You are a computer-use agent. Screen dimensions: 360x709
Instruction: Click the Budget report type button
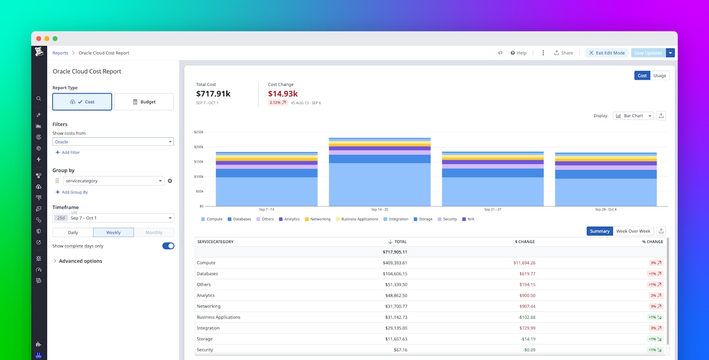pyautogui.click(x=144, y=102)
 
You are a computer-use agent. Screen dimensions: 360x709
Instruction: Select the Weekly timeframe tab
pyautogui.click(x=113, y=232)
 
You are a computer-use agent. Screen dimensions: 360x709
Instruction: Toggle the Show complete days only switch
pyautogui.click(x=168, y=246)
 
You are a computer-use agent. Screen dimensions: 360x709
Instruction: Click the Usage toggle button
pyautogui.click(x=659, y=75)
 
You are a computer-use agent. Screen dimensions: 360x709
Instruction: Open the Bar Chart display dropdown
pyautogui.click(x=633, y=116)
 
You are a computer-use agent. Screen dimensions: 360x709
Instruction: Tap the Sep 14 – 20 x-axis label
pyautogui.click(x=379, y=210)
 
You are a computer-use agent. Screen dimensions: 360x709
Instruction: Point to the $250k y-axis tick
pyautogui.click(x=199, y=132)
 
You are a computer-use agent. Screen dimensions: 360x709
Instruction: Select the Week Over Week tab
pyautogui.click(x=633, y=231)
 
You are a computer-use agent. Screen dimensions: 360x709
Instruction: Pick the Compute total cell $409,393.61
pyautogui.click(x=395, y=263)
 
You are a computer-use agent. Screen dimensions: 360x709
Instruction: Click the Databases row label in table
pyautogui.click(x=207, y=274)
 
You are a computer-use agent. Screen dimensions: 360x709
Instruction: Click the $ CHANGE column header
pyautogui.click(x=525, y=242)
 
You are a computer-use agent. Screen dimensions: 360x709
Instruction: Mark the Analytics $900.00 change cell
pyautogui.click(x=527, y=296)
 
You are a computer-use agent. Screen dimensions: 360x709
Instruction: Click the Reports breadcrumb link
pyautogui.click(x=60, y=53)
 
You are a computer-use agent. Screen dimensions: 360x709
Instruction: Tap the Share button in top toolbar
pyautogui.click(x=564, y=53)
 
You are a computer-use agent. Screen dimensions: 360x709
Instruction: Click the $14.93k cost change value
pyautogui.click(x=283, y=94)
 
